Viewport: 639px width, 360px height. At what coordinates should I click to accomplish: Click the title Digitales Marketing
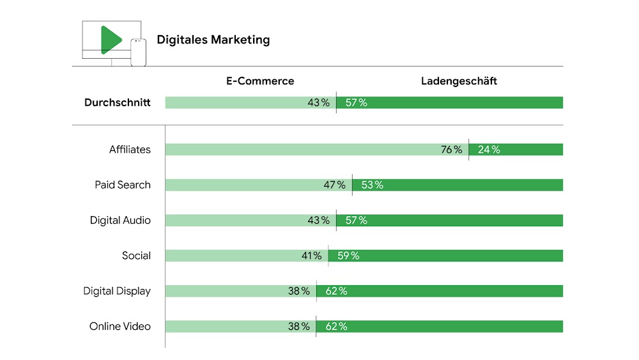[x=213, y=40]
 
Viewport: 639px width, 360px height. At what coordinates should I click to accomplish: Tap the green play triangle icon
[x=110, y=40]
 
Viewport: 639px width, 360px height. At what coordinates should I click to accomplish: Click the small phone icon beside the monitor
[x=138, y=52]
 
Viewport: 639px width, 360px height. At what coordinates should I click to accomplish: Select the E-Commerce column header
[x=260, y=81]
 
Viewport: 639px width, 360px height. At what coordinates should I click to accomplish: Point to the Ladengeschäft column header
[x=459, y=81]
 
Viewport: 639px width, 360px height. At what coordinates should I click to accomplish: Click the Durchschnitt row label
[x=118, y=102]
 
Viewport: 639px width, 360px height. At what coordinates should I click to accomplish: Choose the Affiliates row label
[x=130, y=150]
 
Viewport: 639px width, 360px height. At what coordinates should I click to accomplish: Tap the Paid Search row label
[x=123, y=185]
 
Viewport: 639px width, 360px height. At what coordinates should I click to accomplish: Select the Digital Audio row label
[x=120, y=220]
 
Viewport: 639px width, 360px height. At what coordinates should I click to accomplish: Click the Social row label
[x=136, y=256]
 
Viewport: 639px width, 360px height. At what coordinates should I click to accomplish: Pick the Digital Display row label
[x=117, y=291]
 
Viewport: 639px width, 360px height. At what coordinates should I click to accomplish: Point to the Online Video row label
[x=120, y=326]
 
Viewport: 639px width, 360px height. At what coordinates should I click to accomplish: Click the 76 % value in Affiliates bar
[x=451, y=150]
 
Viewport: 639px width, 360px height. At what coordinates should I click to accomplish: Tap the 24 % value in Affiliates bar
[x=488, y=150]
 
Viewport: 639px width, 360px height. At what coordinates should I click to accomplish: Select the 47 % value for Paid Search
[x=334, y=185]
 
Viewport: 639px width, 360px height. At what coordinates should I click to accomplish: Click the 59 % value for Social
[x=348, y=256]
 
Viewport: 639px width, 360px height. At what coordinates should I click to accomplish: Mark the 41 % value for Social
[x=311, y=256]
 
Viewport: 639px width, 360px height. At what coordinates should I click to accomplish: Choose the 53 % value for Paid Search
[x=371, y=185]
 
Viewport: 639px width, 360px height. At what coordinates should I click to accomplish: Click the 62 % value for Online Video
[x=335, y=326]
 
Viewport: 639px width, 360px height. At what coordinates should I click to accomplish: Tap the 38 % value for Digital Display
[x=298, y=291]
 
